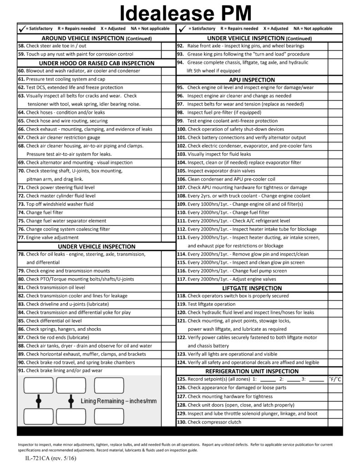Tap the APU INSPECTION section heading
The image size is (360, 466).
(x=252, y=80)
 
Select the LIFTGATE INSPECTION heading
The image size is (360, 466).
(x=252, y=288)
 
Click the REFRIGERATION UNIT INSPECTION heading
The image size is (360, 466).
(x=252, y=371)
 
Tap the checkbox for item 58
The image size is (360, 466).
(x=167, y=46)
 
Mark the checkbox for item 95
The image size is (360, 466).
(x=335, y=87)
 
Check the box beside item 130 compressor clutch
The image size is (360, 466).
(x=335, y=422)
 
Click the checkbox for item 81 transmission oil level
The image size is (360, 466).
(x=167, y=288)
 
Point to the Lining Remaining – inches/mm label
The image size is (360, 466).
(x=118, y=401)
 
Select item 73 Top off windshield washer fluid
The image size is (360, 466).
(x=60, y=204)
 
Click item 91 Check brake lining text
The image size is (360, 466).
(x=64, y=371)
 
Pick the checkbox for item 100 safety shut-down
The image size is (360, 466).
(x=335, y=129)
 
